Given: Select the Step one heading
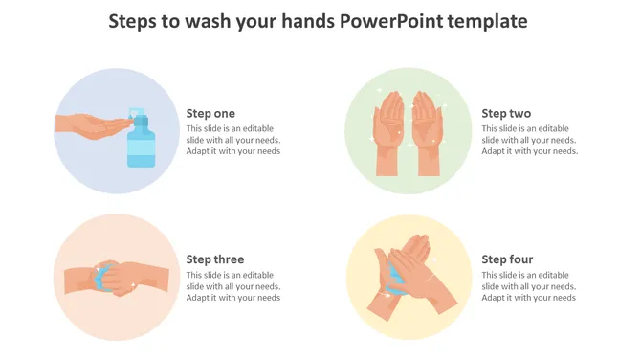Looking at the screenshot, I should click(x=210, y=113).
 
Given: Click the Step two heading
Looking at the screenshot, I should click(x=506, y=113).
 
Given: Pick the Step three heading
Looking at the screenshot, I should click(x=215, y=259).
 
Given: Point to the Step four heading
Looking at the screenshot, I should click(x=507, y=259).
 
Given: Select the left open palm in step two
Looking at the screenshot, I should click(x=388, y=134).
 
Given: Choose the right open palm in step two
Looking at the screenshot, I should click(x=426, y=134).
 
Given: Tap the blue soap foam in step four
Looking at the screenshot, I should click(x=395, y=280).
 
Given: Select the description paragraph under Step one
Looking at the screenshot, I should click(x=233, y=140).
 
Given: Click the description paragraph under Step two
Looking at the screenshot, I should click(x=529, y=140).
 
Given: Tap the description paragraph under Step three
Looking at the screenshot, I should click(x=233, y=286).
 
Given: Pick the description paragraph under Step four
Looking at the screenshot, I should click(x=529, y=286).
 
